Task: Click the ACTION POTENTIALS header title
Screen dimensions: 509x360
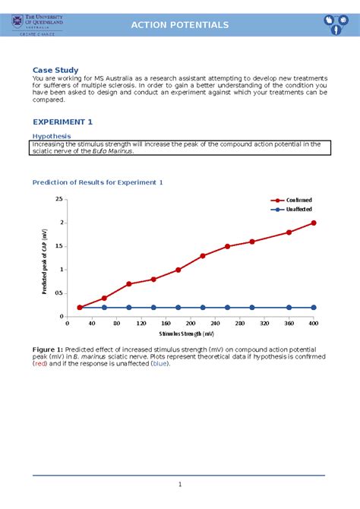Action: click(x=179, y=25)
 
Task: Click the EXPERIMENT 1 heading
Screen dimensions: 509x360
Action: click(x=63, y=122)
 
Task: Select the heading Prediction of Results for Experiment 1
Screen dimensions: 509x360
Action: click(x=97, y=182)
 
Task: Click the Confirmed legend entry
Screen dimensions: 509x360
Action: click(x=297, y=200)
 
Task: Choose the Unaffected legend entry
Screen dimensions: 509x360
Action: click(x=298, y=209)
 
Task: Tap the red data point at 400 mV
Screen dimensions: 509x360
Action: click(x=314, y=223)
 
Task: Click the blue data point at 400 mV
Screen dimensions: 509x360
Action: click(x=314, y=308)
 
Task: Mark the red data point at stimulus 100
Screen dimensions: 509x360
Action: click(x=129, y=283)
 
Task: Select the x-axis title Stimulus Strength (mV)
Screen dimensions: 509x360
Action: click(x=187, y=334)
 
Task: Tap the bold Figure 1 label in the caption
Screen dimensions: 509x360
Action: click(x=47, y=348)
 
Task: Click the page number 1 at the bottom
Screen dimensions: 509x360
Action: click(x=179, y=485)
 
